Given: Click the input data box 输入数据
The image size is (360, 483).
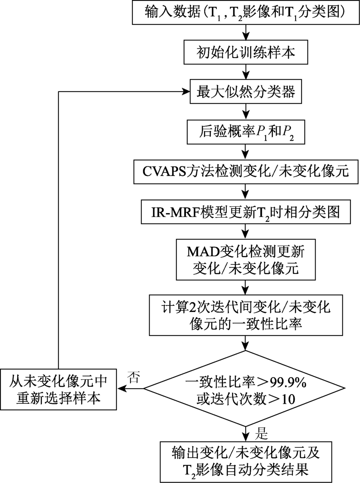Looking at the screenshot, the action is pos(246,12).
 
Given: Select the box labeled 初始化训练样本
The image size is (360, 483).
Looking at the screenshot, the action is pos(246,52).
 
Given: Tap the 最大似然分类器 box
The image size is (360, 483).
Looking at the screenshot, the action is pos(246,92).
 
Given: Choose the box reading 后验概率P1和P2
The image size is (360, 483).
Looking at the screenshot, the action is pos(246,132).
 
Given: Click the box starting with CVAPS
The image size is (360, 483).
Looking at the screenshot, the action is pos(246,172).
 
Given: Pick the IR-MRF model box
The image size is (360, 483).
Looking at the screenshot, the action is pos(246,212).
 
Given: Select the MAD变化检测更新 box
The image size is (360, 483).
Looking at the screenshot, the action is pos(246,260).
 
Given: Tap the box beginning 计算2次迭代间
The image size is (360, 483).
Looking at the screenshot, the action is pos(246,315).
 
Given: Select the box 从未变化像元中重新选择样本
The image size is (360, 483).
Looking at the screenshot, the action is pos(58,389).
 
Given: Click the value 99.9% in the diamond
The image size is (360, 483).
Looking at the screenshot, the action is pos(288,382).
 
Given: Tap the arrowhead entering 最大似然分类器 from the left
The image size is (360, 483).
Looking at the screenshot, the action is pos(186,92).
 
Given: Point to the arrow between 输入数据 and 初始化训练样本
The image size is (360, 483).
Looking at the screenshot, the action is pos(246,32).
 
